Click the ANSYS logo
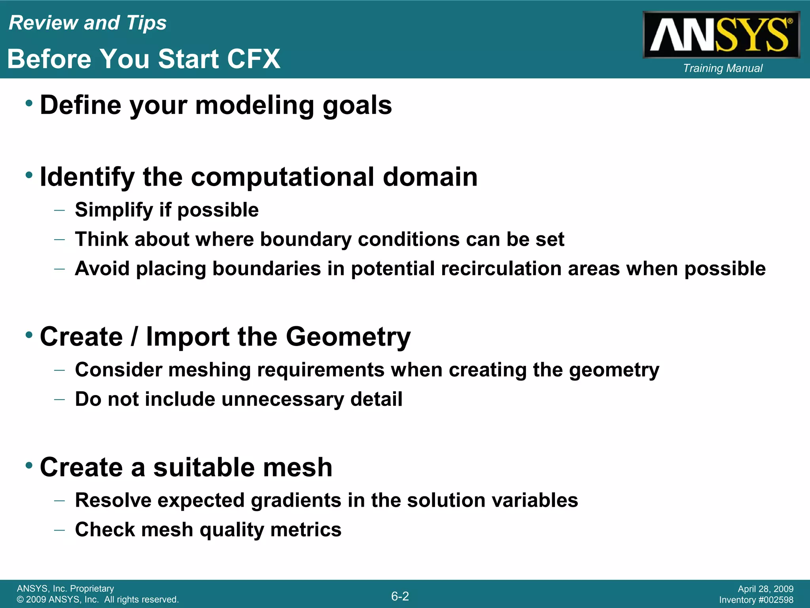pyautogui.click(x=721, y=35)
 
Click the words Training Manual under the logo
pyautogui.click(x=723, y=68)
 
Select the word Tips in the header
pyautogui.click(x=146, y=23)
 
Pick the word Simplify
pyautogui.click(x=114, y=210)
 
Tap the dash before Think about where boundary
pyautogui.click(x=59, y=239)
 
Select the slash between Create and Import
pyautogui.click(x=134, y=336)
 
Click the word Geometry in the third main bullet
pyautogui.click(x=348, y=337)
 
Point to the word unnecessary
pyautogui.click(x=282, y=399)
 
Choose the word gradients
pyautogui.click(x=296, y=500)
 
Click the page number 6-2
pyautogui.click(x=400, y=596)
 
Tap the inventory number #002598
pyautogui.click(x=775, y=600)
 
